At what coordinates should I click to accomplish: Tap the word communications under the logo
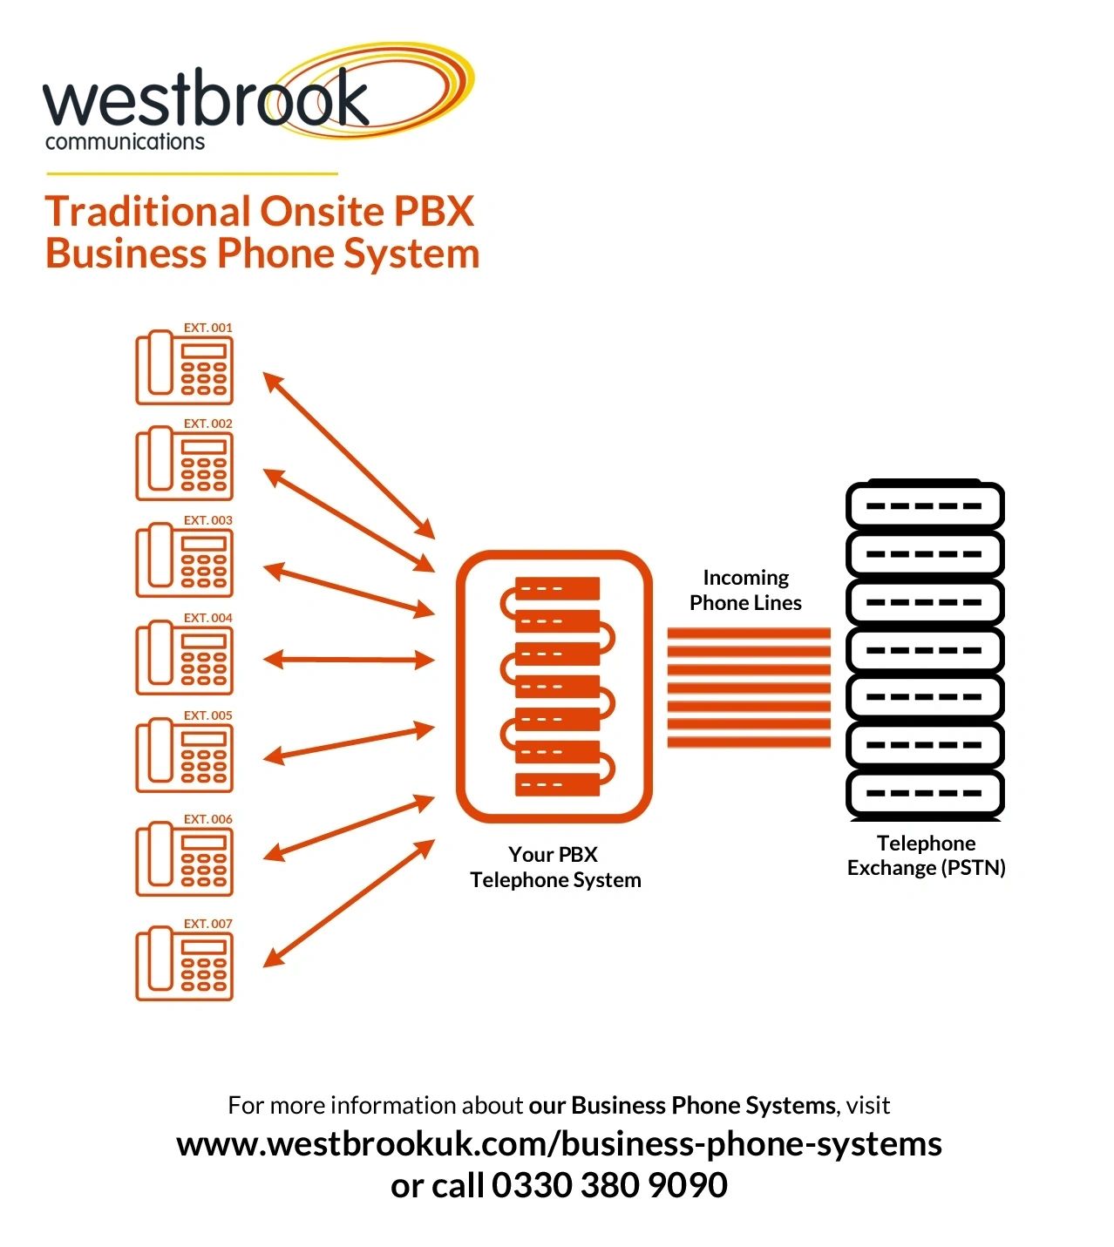125,142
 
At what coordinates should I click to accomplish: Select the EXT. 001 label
207,328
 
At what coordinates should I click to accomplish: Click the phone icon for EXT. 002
184,464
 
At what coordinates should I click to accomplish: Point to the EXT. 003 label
207,520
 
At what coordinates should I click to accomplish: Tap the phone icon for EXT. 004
184,658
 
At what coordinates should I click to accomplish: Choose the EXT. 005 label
207,715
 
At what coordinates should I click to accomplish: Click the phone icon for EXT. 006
184,859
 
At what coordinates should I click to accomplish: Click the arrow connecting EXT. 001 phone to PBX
349,456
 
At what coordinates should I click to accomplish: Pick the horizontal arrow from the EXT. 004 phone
349,660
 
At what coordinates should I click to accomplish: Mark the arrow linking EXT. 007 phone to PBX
349,904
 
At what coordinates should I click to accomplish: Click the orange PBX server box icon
554,686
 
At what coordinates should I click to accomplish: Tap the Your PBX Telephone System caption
555,867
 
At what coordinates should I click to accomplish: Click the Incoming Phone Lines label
745,590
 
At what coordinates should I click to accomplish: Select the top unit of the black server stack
925,505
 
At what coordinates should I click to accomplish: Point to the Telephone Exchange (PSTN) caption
926,855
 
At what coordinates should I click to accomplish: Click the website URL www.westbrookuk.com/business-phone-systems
559,1143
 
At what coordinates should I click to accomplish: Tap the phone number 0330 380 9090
609,1185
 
